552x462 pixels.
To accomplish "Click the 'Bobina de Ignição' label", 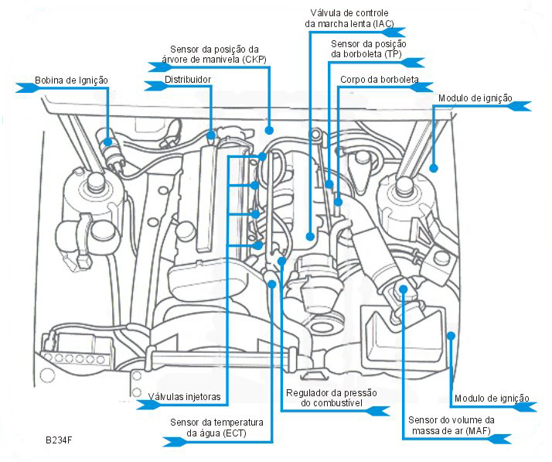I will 71,80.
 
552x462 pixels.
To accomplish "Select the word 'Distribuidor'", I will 188,80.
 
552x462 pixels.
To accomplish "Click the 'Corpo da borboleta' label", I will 379,80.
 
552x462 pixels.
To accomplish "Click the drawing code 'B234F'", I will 59,439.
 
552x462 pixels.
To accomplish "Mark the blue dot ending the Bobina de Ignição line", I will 109,141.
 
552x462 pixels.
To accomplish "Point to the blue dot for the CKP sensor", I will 270,129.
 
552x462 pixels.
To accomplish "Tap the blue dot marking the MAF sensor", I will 403,289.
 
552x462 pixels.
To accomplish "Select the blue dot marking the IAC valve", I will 309,236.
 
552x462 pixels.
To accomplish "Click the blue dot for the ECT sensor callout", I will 271,284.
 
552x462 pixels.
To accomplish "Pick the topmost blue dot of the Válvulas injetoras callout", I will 263,156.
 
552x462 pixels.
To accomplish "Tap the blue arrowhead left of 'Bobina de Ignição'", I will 26,88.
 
